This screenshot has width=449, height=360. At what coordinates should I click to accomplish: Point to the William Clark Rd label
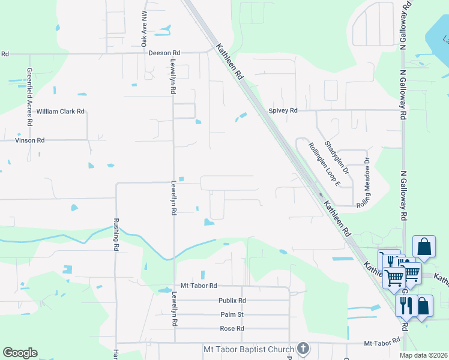click(60, 112)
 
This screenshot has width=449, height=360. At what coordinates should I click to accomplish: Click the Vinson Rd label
click(29, 140)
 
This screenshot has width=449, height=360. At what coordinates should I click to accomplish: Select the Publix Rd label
click(232, 301)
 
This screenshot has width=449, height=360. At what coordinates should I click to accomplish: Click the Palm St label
click(232, 314)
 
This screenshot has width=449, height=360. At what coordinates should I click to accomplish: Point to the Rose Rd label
click(232, 329)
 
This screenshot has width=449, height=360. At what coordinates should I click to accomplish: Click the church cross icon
click(304, 349)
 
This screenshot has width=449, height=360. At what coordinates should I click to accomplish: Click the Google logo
click(20, 353)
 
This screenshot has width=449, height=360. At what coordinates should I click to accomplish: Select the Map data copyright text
click(424, 355)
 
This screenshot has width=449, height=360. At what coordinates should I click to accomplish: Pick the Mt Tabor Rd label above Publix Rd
click(198, 286)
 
